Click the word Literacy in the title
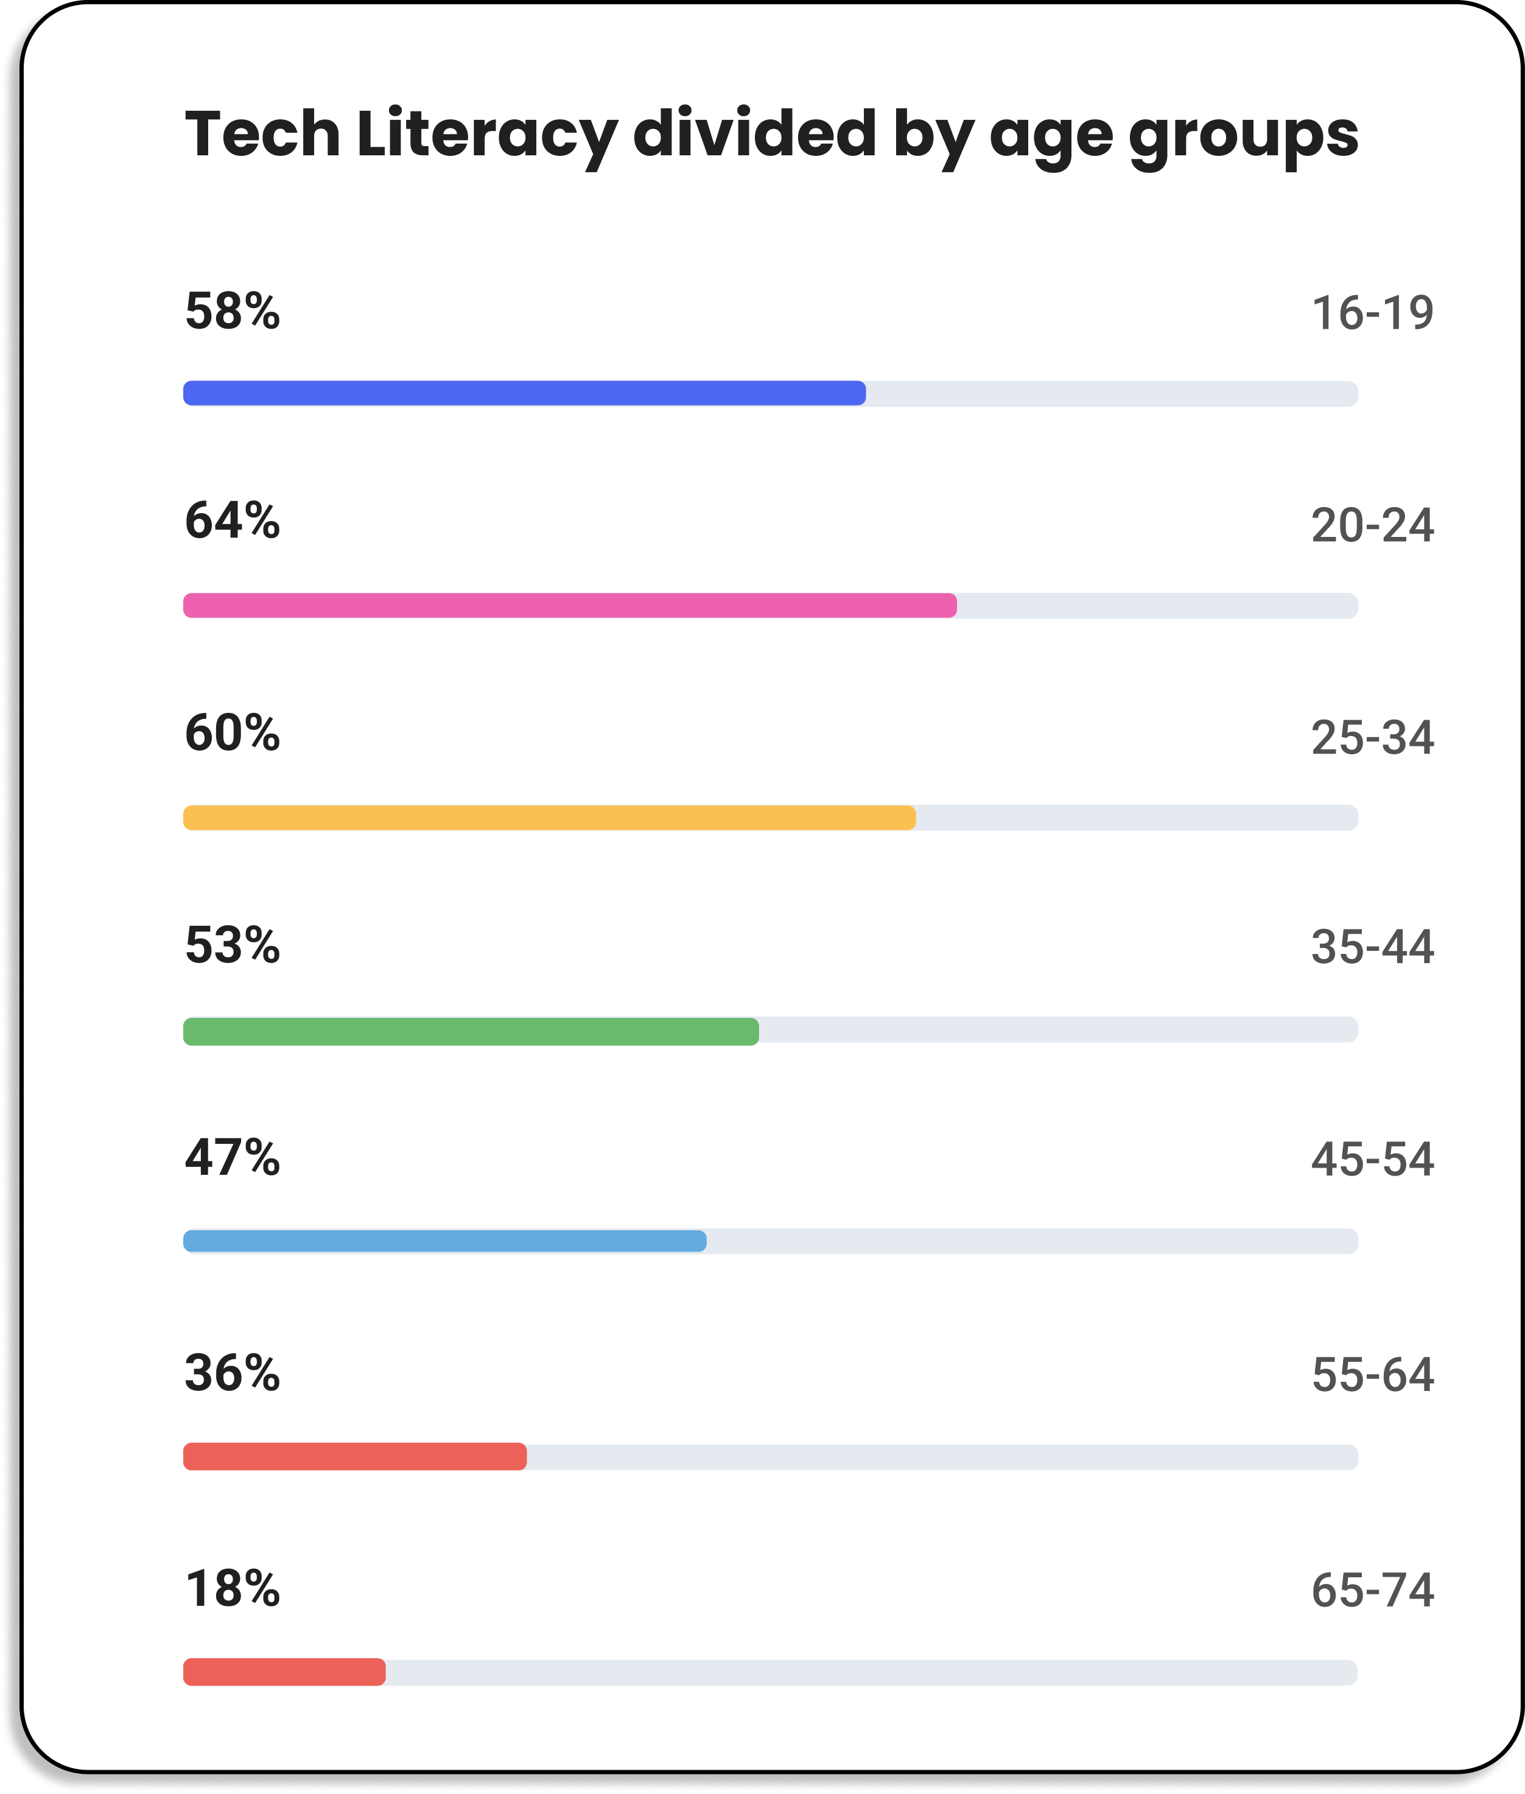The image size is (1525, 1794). pos(486,135)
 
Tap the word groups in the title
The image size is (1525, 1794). pos(1243,136)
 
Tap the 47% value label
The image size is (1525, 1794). pos(233,1158)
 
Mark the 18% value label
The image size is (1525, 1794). pos(233,1589)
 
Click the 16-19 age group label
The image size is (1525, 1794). pos(1372,313)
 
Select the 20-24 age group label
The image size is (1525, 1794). pos(1372,526)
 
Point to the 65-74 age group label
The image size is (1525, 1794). pos(1372,1591)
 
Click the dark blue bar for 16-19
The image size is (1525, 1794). pos(524,393)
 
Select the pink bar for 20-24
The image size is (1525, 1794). pos(570,605)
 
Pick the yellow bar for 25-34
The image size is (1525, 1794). pos(549,818)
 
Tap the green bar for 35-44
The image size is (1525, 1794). pos(471,1031)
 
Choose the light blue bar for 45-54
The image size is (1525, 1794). pos(444,1241)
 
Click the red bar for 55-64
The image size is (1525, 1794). pos(354,1457)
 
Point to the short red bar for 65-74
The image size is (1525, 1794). pos(284,1672)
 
